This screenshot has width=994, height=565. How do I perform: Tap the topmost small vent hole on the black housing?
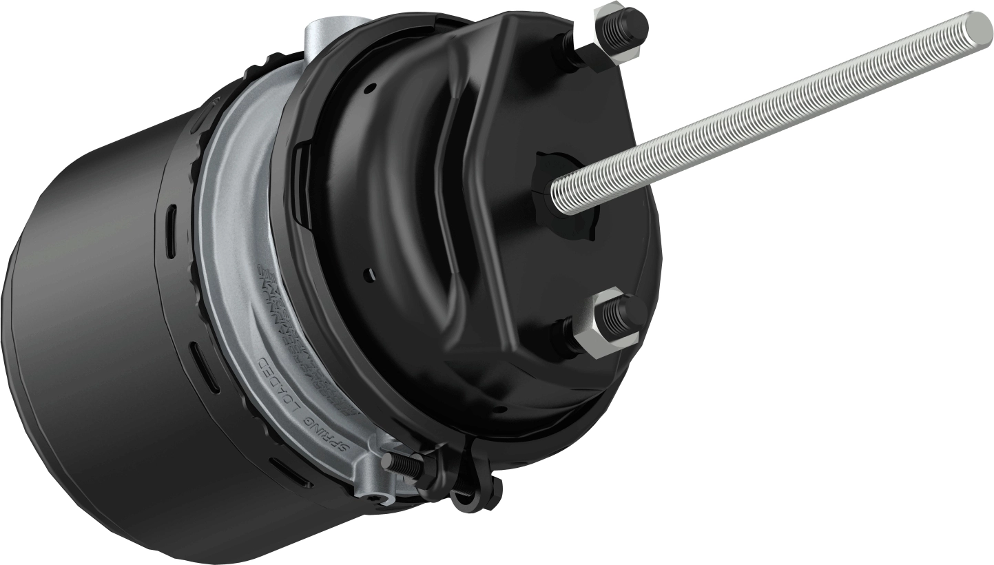click(372, 88)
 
